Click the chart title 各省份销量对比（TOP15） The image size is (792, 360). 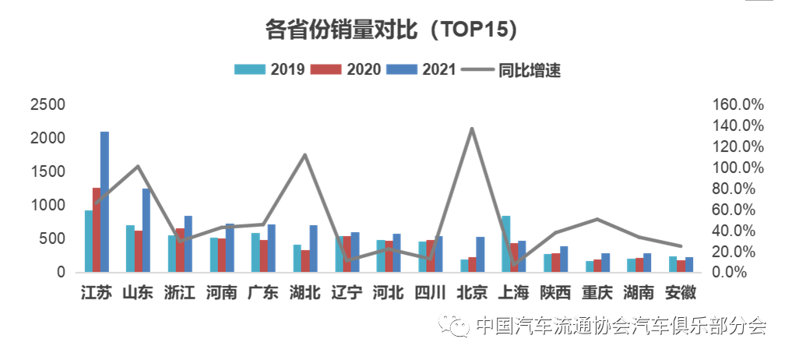392,29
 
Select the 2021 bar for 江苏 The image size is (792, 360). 104,202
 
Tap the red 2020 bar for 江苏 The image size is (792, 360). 97,230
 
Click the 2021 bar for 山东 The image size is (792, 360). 146,231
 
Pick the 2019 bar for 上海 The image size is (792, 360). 505,244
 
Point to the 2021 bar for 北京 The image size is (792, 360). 480,255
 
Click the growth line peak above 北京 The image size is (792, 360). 472,129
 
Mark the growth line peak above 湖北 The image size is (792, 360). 305,155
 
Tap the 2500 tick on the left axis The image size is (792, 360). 48,104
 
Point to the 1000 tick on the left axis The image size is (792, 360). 48,206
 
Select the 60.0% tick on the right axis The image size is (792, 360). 739,210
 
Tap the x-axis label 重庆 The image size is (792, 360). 597,293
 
